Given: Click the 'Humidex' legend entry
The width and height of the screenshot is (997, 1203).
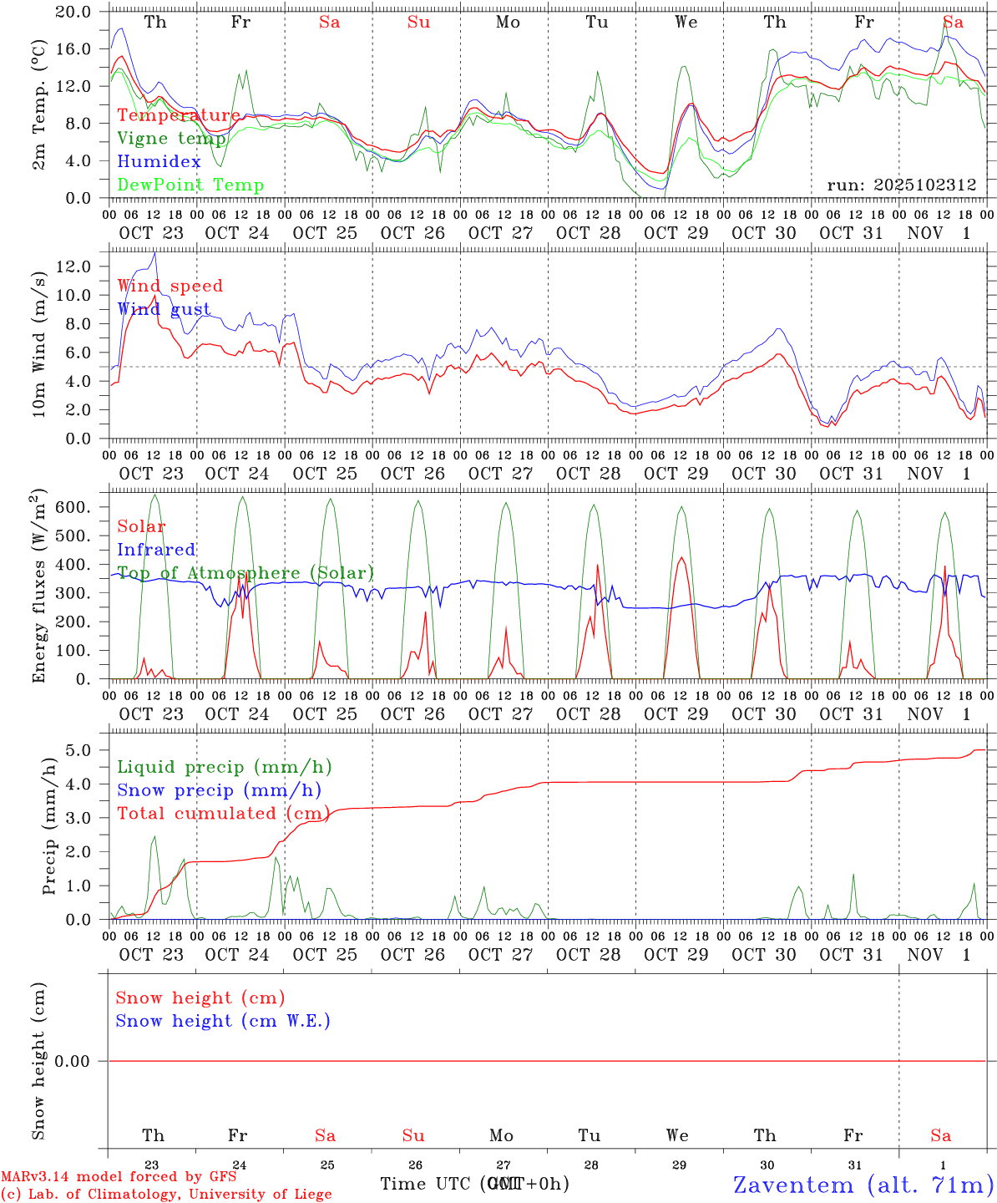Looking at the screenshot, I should tap(159, 162).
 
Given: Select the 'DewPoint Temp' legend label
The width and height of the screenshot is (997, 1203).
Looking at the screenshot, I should tap(190, 185).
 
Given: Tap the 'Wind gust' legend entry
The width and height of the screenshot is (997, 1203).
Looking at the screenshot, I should tap(164, 309).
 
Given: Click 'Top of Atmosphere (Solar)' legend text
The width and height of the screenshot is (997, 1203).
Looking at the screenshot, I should tap(245, 573).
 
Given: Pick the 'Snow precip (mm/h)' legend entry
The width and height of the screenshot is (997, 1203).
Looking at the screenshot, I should tap(219, 790).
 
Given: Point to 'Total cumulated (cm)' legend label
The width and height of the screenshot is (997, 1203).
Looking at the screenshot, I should tap(223, 814).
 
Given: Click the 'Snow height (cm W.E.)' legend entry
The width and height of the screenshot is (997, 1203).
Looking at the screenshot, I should tap(223, 1021).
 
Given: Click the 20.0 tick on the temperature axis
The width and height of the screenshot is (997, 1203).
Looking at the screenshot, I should tap(74, 12).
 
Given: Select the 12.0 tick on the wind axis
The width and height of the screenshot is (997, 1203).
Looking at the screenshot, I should tap(74, 266).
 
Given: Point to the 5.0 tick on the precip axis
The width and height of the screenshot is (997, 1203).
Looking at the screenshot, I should tap(78, 750).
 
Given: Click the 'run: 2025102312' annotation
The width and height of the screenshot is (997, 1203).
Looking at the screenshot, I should tap(901, 185).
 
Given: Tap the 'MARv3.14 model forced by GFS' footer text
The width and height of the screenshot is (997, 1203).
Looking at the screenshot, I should tap(119, 1176).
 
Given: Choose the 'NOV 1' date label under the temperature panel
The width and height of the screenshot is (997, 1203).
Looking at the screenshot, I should tap(939, 233).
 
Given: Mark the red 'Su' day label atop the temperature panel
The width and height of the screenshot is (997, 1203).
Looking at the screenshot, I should tap(418, 23).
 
